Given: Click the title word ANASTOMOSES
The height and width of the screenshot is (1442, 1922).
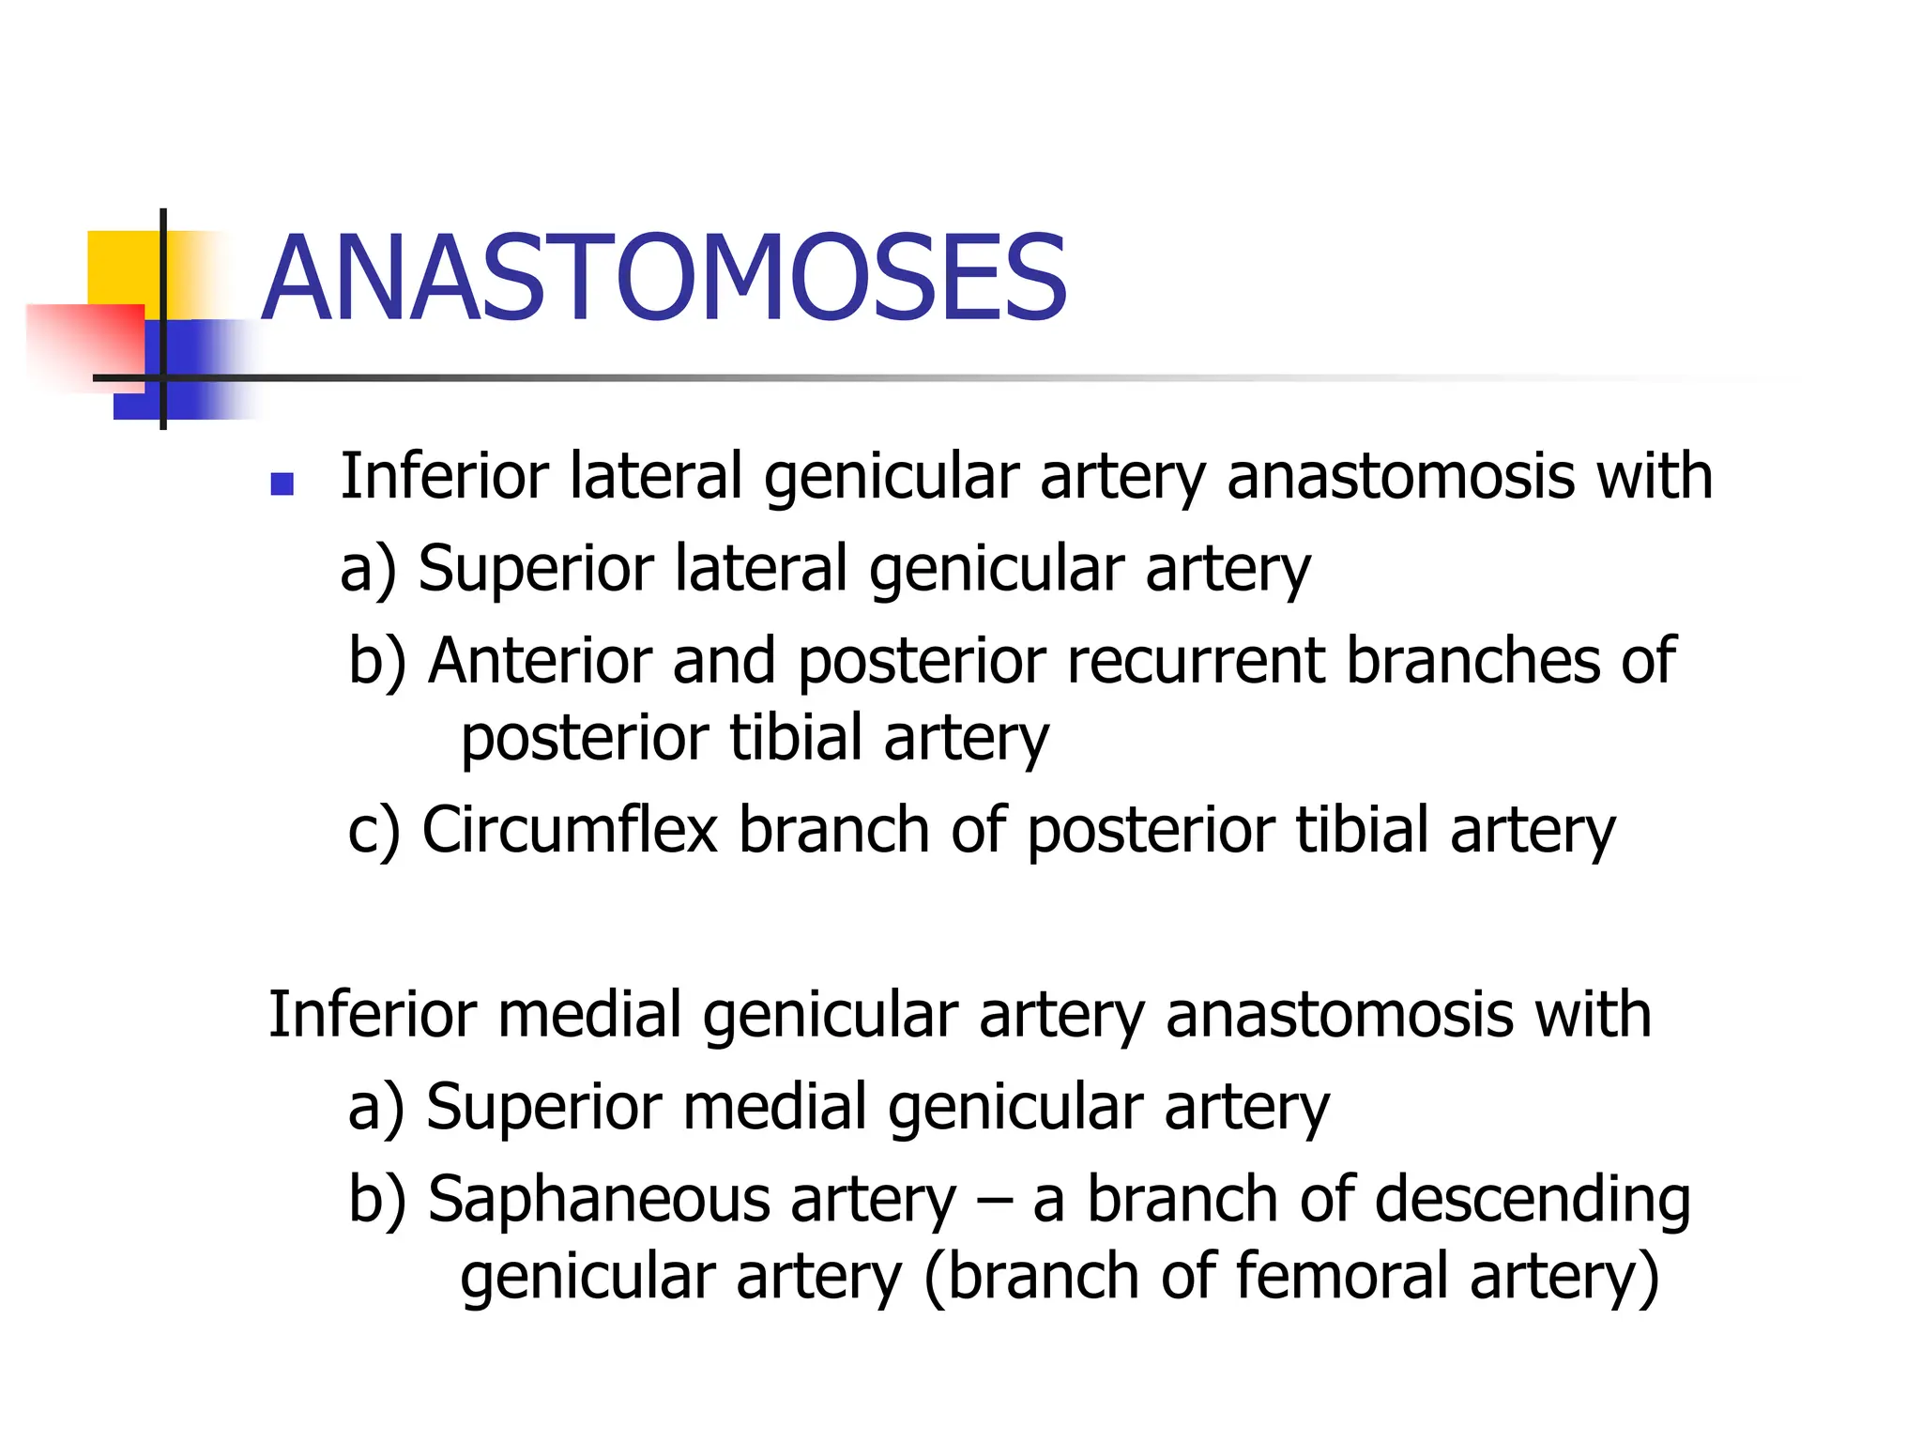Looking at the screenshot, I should [664, 279].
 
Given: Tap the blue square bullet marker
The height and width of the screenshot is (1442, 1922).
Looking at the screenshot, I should [282, 483].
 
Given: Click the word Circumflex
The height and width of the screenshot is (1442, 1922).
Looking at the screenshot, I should [570, 830].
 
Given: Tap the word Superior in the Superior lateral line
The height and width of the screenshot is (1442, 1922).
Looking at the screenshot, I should [535, 569].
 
